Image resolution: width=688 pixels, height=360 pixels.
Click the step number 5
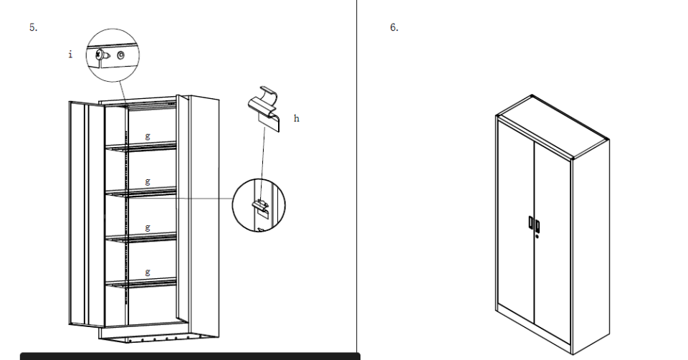pos(34,27)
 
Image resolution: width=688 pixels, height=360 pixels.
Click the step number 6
pos(394,27)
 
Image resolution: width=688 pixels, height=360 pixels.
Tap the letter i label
pos(70,54)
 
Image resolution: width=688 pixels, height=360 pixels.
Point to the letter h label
pos(297,118)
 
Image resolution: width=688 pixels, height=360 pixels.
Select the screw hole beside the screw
pos(120,55)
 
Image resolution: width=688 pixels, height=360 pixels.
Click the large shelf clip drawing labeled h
pos(264,108)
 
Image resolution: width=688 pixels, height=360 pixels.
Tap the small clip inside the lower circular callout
pos(261,207)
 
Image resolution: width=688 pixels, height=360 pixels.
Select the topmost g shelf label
pos(148,136)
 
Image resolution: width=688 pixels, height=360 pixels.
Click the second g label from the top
pos(148,181)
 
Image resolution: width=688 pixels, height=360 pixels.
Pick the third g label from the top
pos(148,227)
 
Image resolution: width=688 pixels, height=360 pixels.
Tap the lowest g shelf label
pos(148,272)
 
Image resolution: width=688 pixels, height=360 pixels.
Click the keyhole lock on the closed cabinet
pos(537,236)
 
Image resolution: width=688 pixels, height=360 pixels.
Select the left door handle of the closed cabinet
pos(531,222)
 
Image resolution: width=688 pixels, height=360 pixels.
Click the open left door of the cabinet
pos(87,214)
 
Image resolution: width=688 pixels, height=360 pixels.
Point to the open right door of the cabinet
pos(183,209)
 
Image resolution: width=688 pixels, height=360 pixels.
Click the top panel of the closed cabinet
pos(553,125)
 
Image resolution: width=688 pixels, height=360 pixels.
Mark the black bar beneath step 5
pos(190,356)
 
